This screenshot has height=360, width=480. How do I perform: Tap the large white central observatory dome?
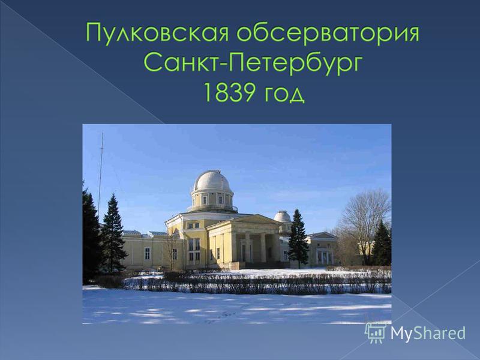click(x=212, y=181)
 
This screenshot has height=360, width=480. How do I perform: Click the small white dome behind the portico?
click(x=282, y=217)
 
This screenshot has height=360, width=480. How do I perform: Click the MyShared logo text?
click(x=428, y=333)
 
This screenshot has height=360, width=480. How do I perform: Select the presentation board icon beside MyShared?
click(x=376, y=332)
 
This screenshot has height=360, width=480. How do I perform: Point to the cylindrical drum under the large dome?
click(x=212, y=199)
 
